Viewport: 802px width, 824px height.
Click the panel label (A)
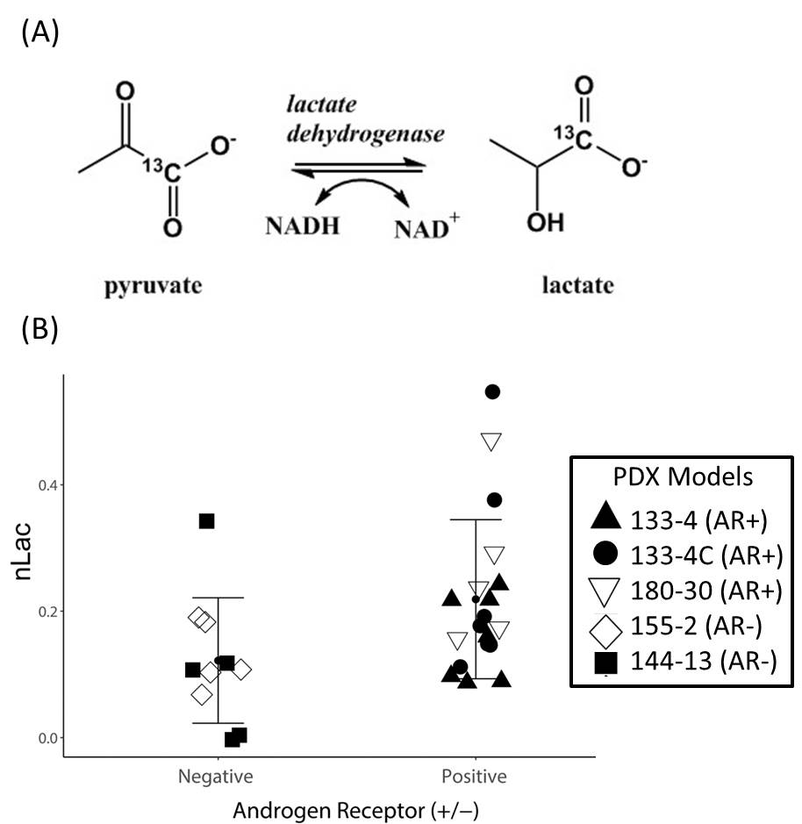pos(38,36)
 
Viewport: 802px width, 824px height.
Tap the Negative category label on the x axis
pos(216,777)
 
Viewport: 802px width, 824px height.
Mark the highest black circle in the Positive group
pos(492,391)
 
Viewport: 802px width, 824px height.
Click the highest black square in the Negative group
pos(207,521)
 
